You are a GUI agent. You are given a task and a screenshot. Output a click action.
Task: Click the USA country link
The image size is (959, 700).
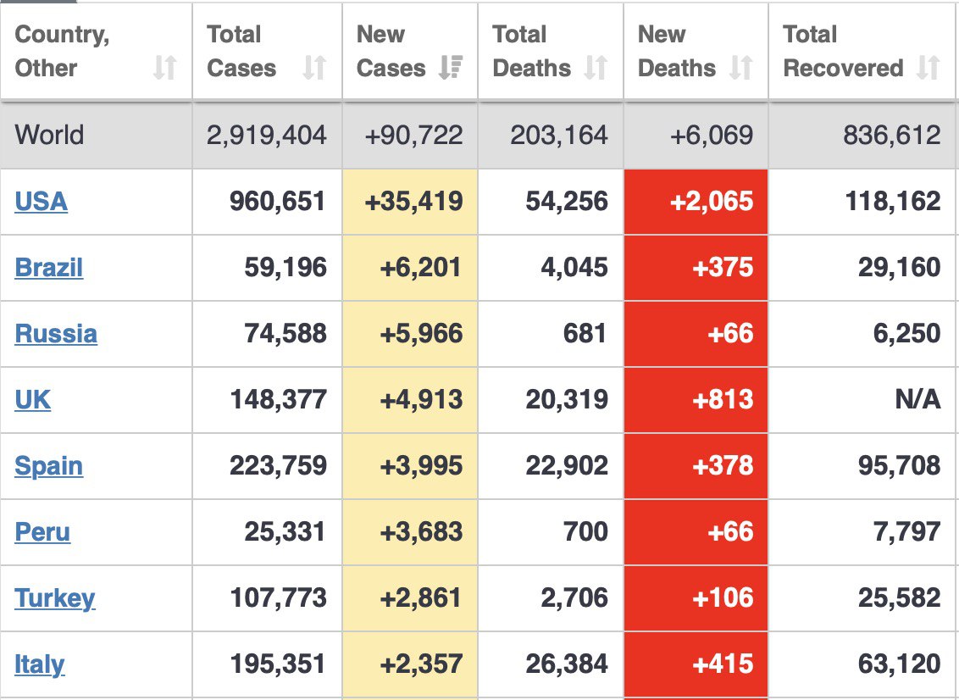point(41,202)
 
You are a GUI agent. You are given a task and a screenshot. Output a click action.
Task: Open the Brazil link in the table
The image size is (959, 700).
point(49,268)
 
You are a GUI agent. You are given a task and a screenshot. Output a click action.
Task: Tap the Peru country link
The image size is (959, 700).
point(42,532)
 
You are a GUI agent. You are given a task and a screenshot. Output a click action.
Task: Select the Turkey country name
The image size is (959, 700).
point(55,598)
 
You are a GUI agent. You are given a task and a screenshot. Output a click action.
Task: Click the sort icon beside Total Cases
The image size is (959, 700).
point(314,68)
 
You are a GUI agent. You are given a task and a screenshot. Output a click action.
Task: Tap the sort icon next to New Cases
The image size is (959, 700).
point(450,68)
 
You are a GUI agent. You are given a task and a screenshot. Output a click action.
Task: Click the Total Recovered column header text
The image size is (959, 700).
point(842,52)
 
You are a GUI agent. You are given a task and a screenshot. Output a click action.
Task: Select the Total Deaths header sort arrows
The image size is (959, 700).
point(596,68)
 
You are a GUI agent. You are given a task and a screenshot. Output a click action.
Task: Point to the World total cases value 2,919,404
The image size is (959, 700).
point(266,135)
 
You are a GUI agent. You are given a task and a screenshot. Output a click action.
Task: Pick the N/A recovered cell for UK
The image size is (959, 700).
point(917,400)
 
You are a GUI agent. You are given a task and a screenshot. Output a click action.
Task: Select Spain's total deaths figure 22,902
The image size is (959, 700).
point(567,466)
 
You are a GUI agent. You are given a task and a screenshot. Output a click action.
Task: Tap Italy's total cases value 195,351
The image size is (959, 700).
point(278,664)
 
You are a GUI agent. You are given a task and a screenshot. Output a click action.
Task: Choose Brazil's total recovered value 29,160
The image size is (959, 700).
point(899,268)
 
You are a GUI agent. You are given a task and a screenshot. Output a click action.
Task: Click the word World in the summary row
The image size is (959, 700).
point(49,135)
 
